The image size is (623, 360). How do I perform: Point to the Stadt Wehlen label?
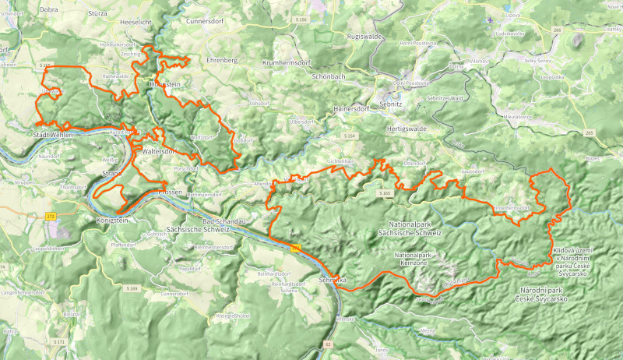pos(52,136)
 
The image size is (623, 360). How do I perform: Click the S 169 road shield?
pos(132,288)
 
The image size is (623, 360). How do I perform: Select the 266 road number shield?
pos(557,30)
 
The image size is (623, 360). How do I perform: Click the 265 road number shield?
pos(588,133)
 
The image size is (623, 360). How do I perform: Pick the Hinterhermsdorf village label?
pos(512,208)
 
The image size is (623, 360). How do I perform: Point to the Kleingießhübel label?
pos(234,316)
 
